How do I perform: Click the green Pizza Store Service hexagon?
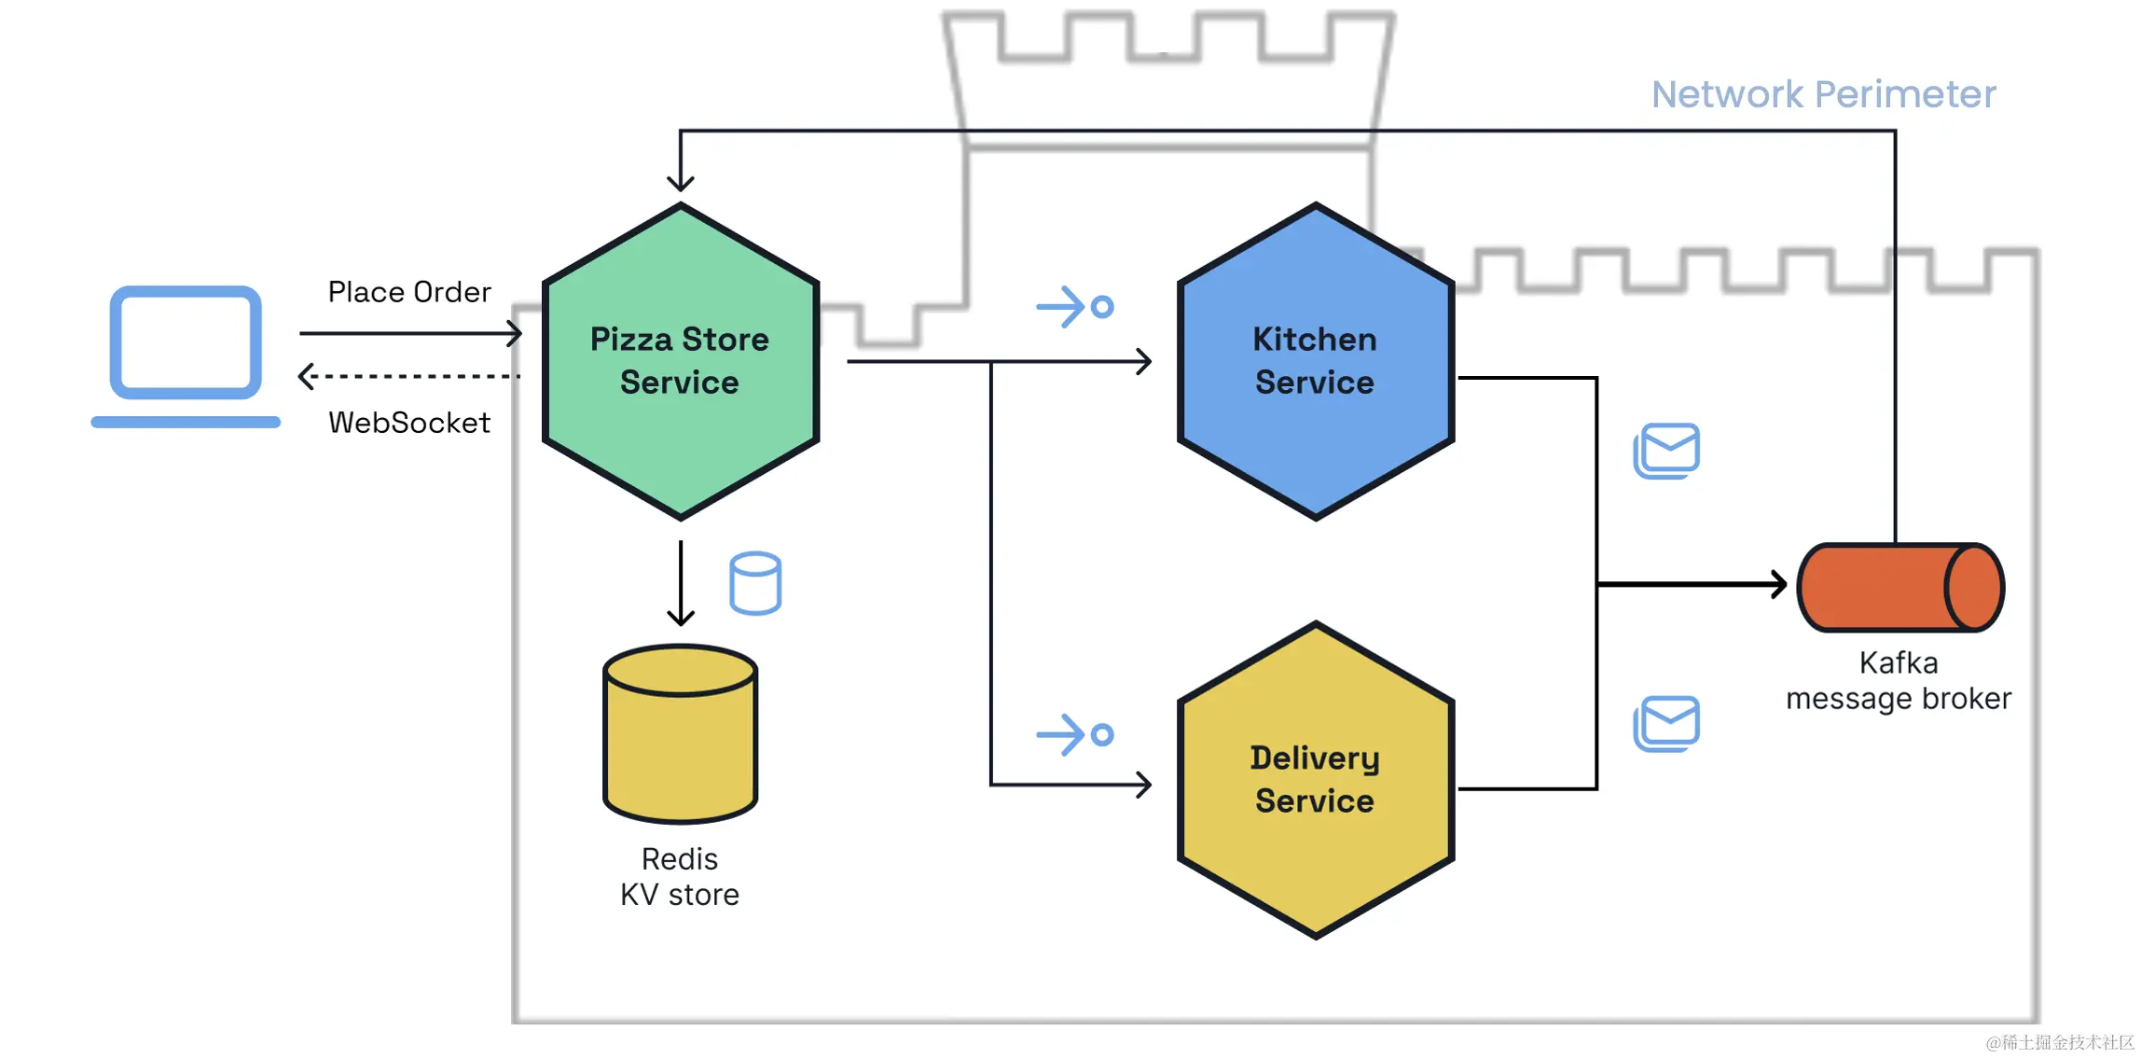coord(680,361)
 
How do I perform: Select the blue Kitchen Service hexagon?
coord(1315,361)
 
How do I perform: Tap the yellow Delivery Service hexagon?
coord(1315,780)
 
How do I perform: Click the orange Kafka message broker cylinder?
coord(1899,587)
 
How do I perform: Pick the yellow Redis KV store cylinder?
coord(680,737)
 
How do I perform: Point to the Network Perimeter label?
coord(1823,94)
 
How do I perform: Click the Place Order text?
coord(408,292)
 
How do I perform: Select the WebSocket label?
coord(408,423)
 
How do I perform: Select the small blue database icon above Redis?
coord(754,583)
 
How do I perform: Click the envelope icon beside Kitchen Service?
coord(1666,451)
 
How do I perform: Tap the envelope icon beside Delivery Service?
coord(1666,723)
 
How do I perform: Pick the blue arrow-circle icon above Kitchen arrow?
coord(1074,307)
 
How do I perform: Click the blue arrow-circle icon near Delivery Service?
coord(1074,735)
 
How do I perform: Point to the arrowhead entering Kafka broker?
coord(1777,585)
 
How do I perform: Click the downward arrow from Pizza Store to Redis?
coord(681,583)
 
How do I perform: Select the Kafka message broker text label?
coord(1898,681)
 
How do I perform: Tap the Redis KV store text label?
coord(680,877)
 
